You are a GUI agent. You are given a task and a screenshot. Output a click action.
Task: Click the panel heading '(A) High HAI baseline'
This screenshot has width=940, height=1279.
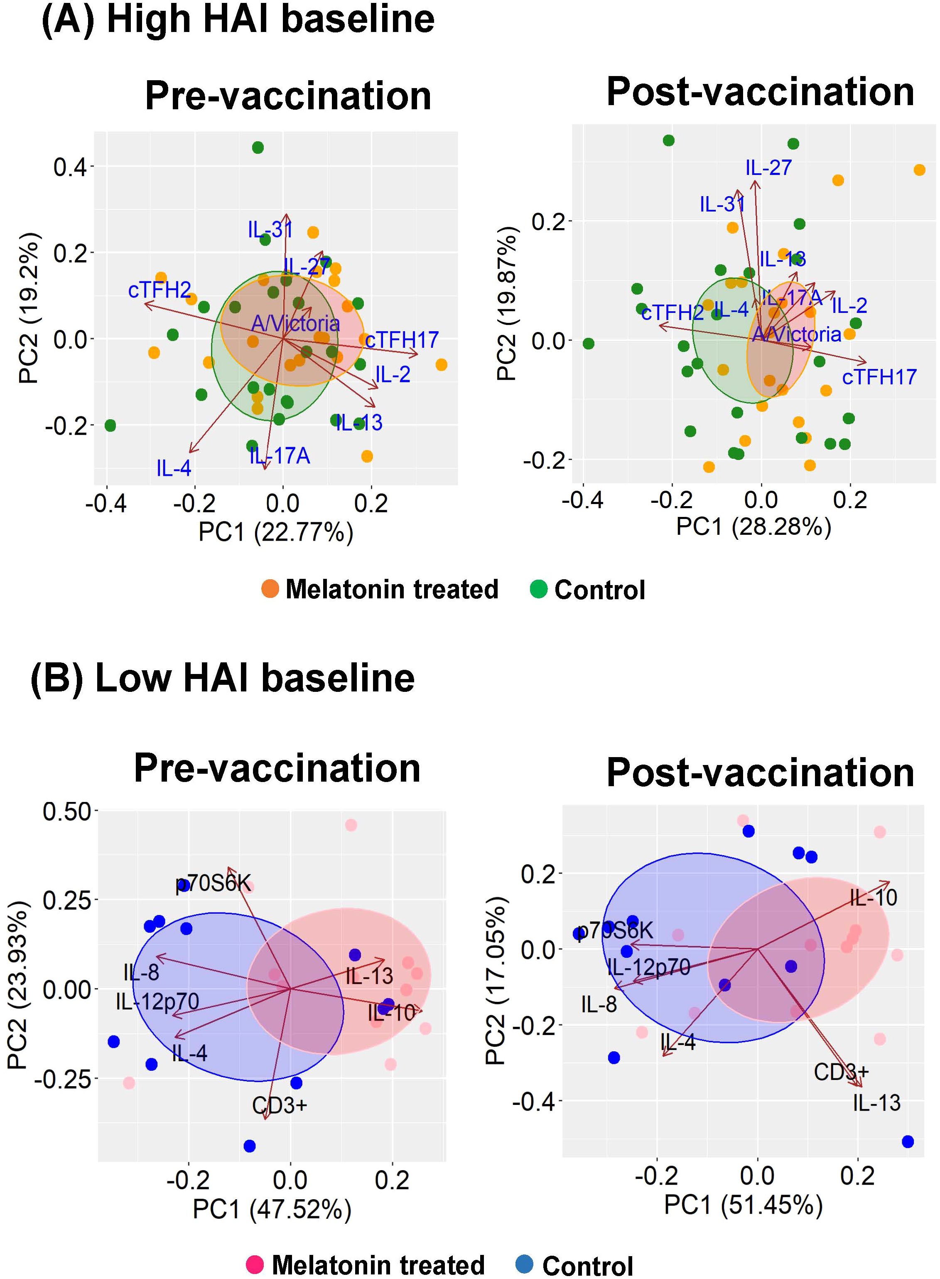(x=238, y=20)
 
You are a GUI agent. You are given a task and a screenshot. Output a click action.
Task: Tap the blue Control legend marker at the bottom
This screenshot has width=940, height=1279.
(x=524, y=1264)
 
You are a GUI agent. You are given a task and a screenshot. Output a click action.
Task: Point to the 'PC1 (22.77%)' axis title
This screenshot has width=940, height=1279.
(x=276, y=532)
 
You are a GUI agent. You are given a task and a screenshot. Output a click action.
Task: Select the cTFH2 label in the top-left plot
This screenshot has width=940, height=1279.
(x=160, y=290)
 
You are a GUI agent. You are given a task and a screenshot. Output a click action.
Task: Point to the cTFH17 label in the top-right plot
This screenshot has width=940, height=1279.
(x=879, y=377)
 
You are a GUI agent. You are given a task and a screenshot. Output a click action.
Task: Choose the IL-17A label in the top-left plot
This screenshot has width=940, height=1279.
(x=280, y=456)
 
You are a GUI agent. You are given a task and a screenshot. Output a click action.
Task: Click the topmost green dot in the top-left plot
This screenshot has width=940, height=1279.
(x=258, y=148)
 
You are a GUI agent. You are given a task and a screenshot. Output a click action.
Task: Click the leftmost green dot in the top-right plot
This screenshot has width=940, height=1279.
(x=588, y=344)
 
